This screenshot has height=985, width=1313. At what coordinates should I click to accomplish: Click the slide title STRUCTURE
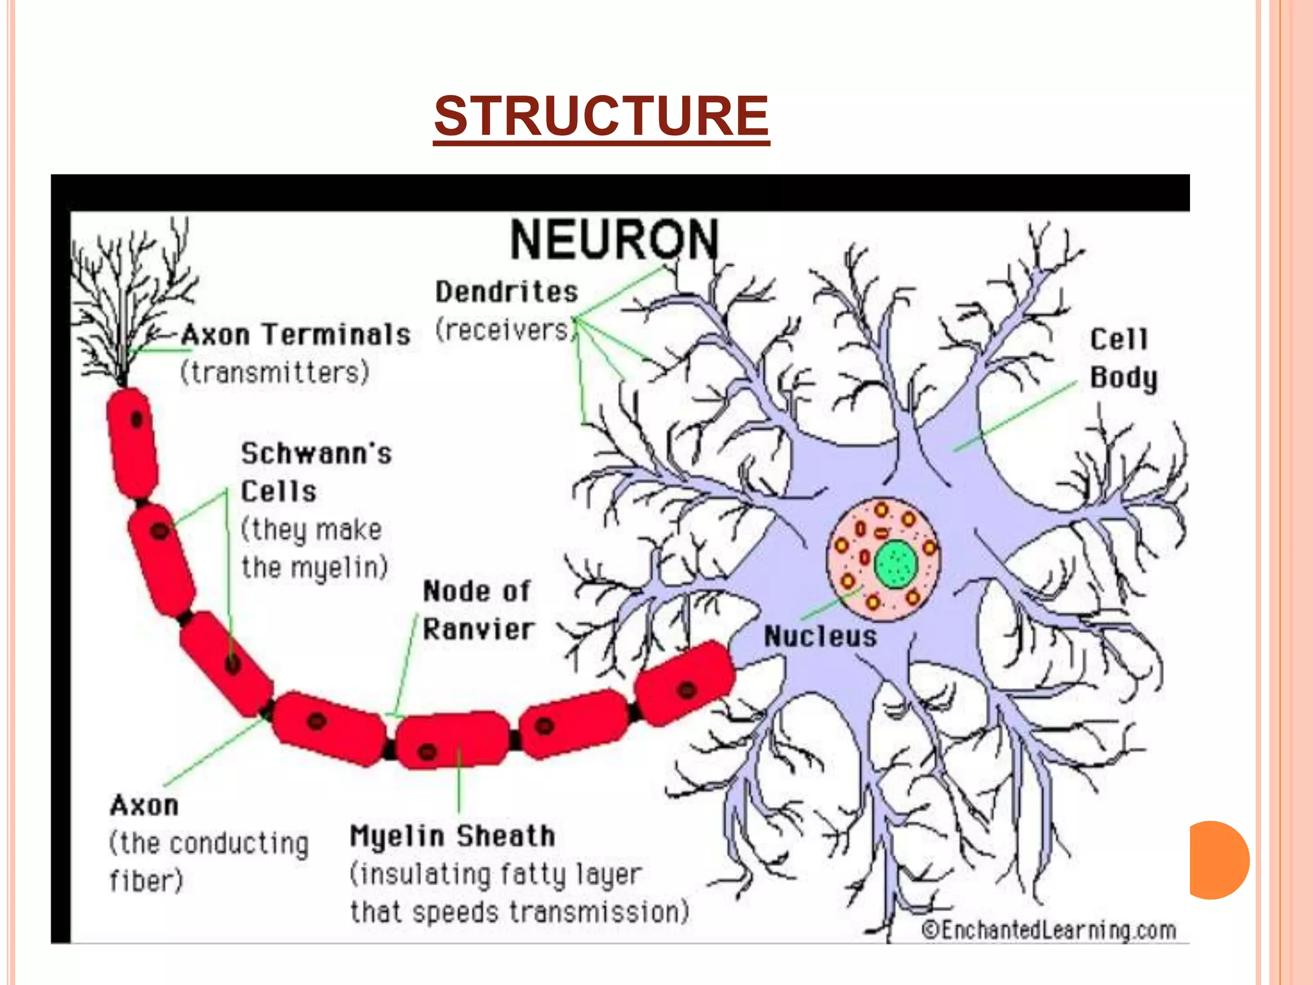(601, 116)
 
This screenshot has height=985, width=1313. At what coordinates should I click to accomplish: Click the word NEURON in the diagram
(614, 240)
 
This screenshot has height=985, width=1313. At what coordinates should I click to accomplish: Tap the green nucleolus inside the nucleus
(896, 564)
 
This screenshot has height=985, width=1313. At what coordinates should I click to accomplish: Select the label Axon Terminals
(296, 335)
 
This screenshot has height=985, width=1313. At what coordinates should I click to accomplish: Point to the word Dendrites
(506, 292)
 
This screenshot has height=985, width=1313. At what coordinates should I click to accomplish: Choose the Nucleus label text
(820, 637)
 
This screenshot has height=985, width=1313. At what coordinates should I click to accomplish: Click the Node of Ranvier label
(478, 610)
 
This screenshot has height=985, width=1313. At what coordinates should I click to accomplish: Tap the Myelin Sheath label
(452, 836)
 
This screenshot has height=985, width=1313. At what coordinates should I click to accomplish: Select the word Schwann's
(316, 453)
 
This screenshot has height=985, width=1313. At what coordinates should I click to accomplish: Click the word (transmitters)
(274, 373)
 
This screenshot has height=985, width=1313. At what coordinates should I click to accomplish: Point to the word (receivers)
(503, 330)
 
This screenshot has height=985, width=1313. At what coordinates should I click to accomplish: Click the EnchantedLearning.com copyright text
(1049, 930)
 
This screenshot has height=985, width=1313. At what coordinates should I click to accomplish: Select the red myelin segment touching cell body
(685, 683)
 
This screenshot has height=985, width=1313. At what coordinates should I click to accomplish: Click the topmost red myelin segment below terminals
(133, 442)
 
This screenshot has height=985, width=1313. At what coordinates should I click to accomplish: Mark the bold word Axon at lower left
(144, 805)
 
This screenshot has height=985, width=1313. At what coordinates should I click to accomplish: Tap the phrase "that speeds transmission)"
(519, 912)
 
